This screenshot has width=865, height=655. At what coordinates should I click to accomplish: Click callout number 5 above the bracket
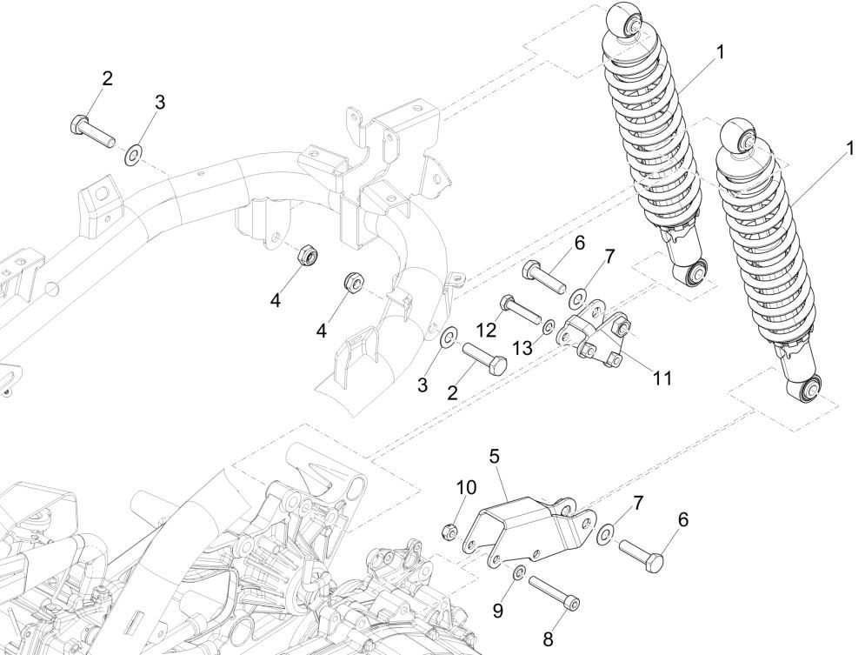click(496, 454)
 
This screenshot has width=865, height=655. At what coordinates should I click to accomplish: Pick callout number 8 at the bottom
click(548, 639)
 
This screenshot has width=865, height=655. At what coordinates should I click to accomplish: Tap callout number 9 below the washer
click(498, 612)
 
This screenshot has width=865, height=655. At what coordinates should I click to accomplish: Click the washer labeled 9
click(518, 572)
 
